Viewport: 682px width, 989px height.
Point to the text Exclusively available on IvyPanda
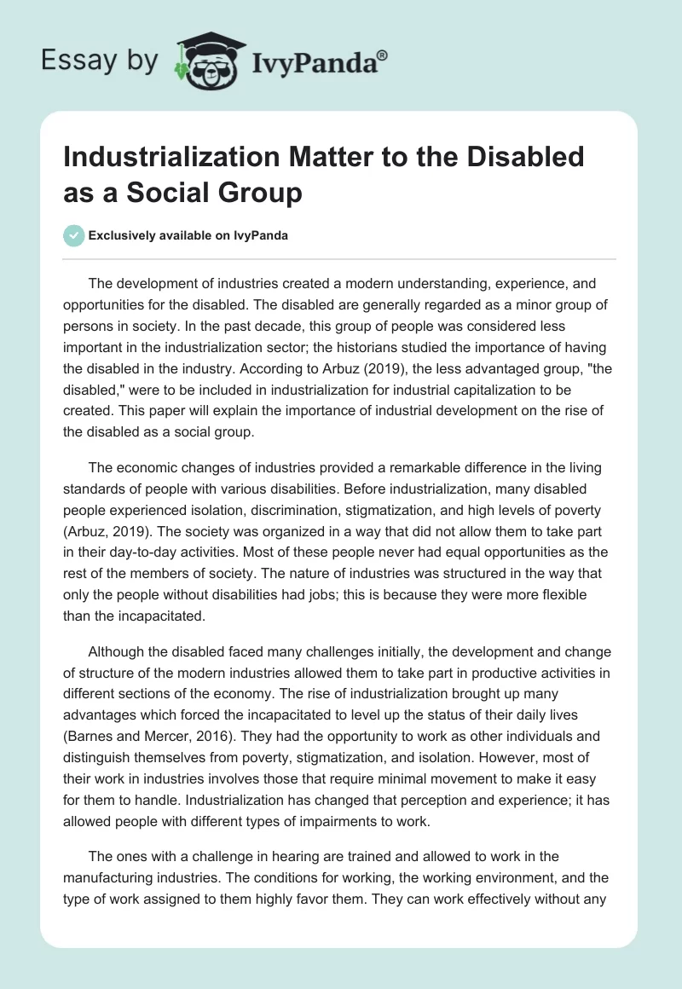pos(188,236)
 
